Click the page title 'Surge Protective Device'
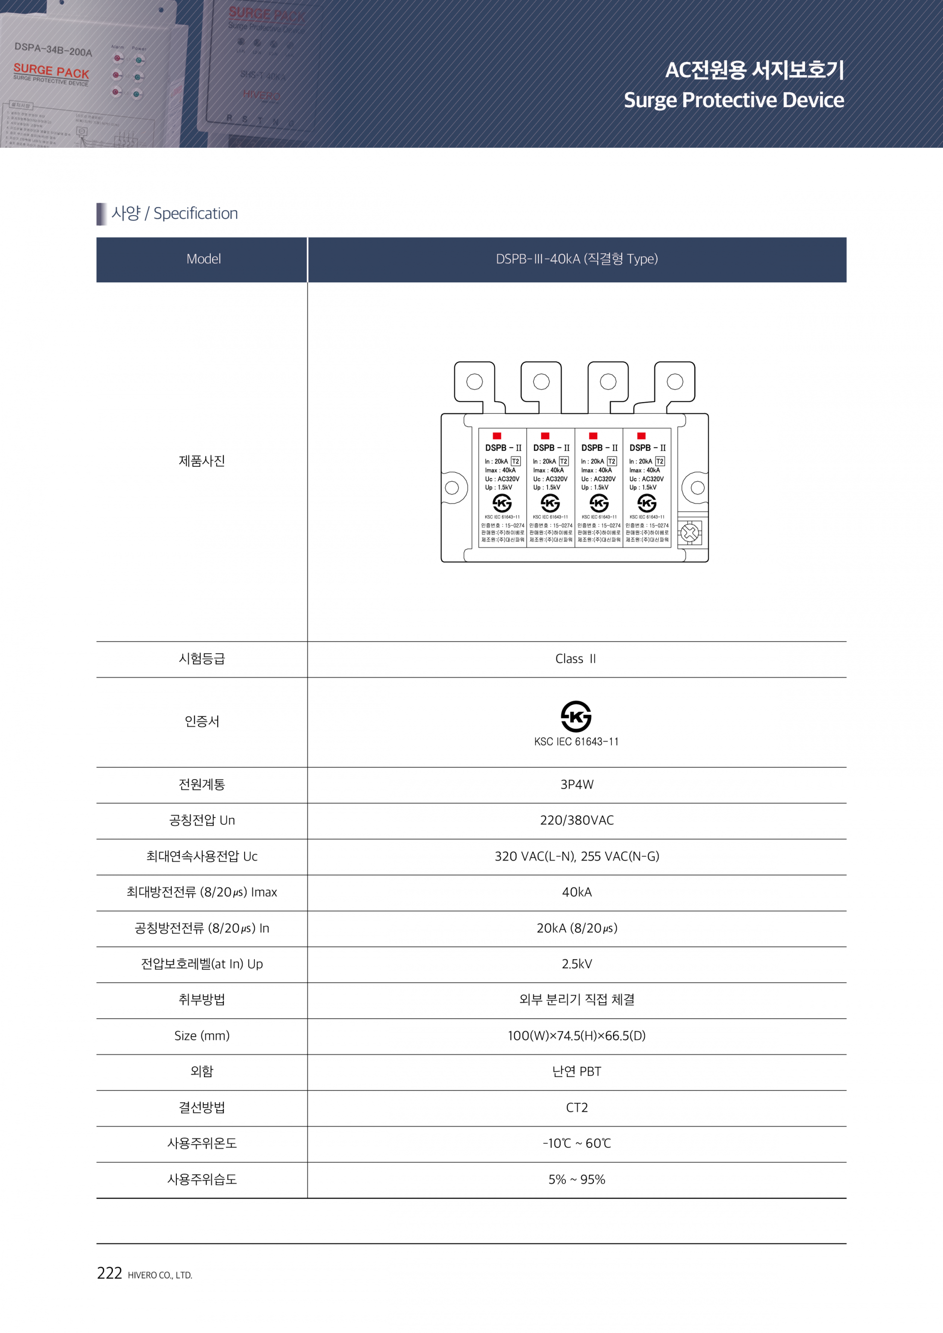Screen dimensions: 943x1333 click(x=733, y=100)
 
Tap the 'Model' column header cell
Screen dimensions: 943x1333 click(x=203, y=259)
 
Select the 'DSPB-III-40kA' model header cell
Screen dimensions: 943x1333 click(x=576, y=259)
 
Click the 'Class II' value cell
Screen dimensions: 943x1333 click(x=576, y=658)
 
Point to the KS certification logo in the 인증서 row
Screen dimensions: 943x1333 click(x=576, y=716)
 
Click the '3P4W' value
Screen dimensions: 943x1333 click(x=577, y=785)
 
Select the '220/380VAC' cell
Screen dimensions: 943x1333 click(x=577, y=820)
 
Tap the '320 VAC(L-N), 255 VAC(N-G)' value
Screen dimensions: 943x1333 click(x=577, y=856)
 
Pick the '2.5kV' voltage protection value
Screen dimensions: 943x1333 click(x=577, y=964)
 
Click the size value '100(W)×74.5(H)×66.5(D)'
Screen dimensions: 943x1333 click(x=577, y=1036)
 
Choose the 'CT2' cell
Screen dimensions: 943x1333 click(x=577, y=1107)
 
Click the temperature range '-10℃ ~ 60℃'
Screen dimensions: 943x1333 click(x=577, y=1143)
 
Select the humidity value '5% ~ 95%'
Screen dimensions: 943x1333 click(x=577, y=1179)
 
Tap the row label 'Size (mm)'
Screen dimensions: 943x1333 click(x=202, y=1036)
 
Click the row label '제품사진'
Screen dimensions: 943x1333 click(x=202, y=461)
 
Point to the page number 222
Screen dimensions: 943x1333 click(x=109, y=1273)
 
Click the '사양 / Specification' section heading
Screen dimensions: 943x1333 click(x=174, y=213)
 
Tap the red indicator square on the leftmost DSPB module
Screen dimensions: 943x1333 click(x=497, y=435)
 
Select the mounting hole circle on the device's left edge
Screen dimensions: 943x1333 click(x=452, y=488)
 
